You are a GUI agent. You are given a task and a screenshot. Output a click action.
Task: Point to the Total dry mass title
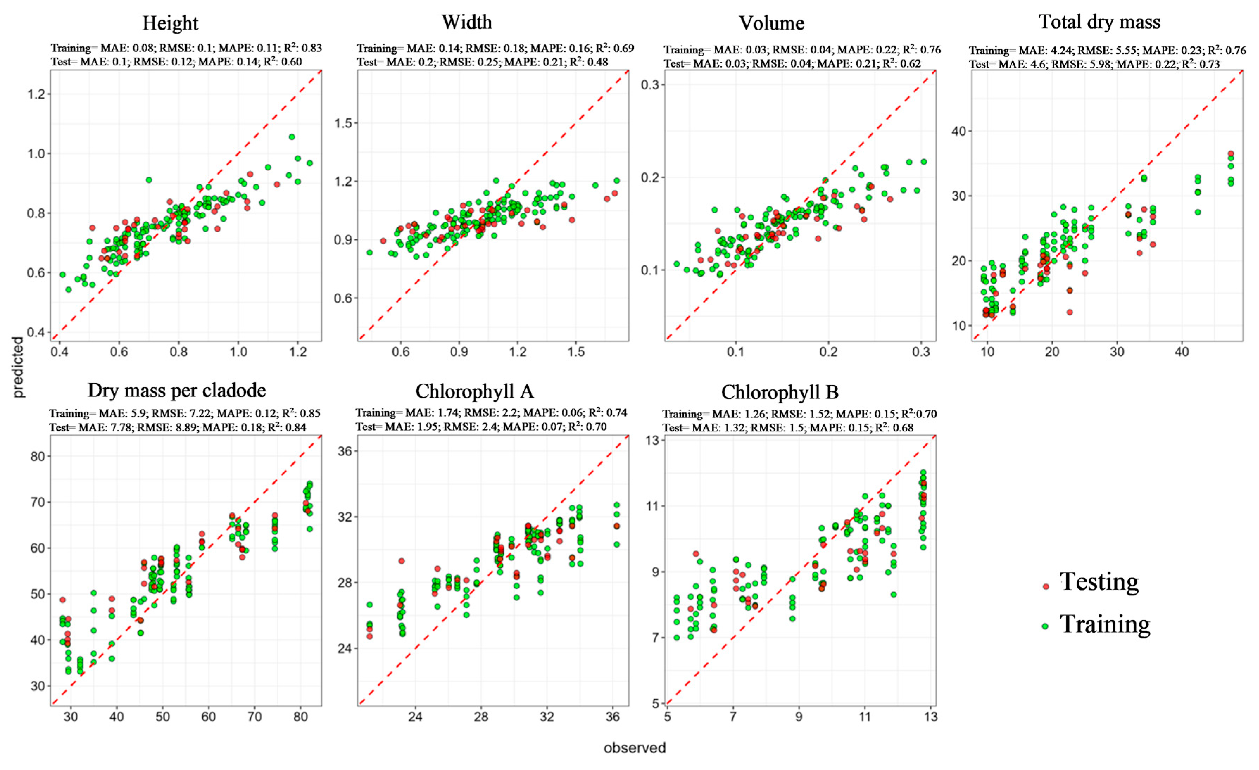coord(1099,22)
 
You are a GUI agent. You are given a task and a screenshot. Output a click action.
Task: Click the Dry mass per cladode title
coord(177,390)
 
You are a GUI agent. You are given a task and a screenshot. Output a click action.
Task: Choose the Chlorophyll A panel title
coord(474,391)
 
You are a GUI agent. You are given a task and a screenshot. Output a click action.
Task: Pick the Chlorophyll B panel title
coord(780,392)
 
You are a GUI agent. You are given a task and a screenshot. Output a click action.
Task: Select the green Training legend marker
coord(1045,626)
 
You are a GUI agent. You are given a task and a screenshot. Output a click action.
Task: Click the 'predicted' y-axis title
coord(18,367)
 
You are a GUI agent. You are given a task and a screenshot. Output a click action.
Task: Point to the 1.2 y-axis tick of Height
coord(37,94)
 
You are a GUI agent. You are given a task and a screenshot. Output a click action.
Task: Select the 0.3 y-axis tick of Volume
coord(650,84)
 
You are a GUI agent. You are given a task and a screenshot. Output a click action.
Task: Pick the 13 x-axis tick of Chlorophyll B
coord(931,717)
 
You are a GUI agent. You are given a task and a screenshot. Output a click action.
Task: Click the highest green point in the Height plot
coord(292,137)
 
